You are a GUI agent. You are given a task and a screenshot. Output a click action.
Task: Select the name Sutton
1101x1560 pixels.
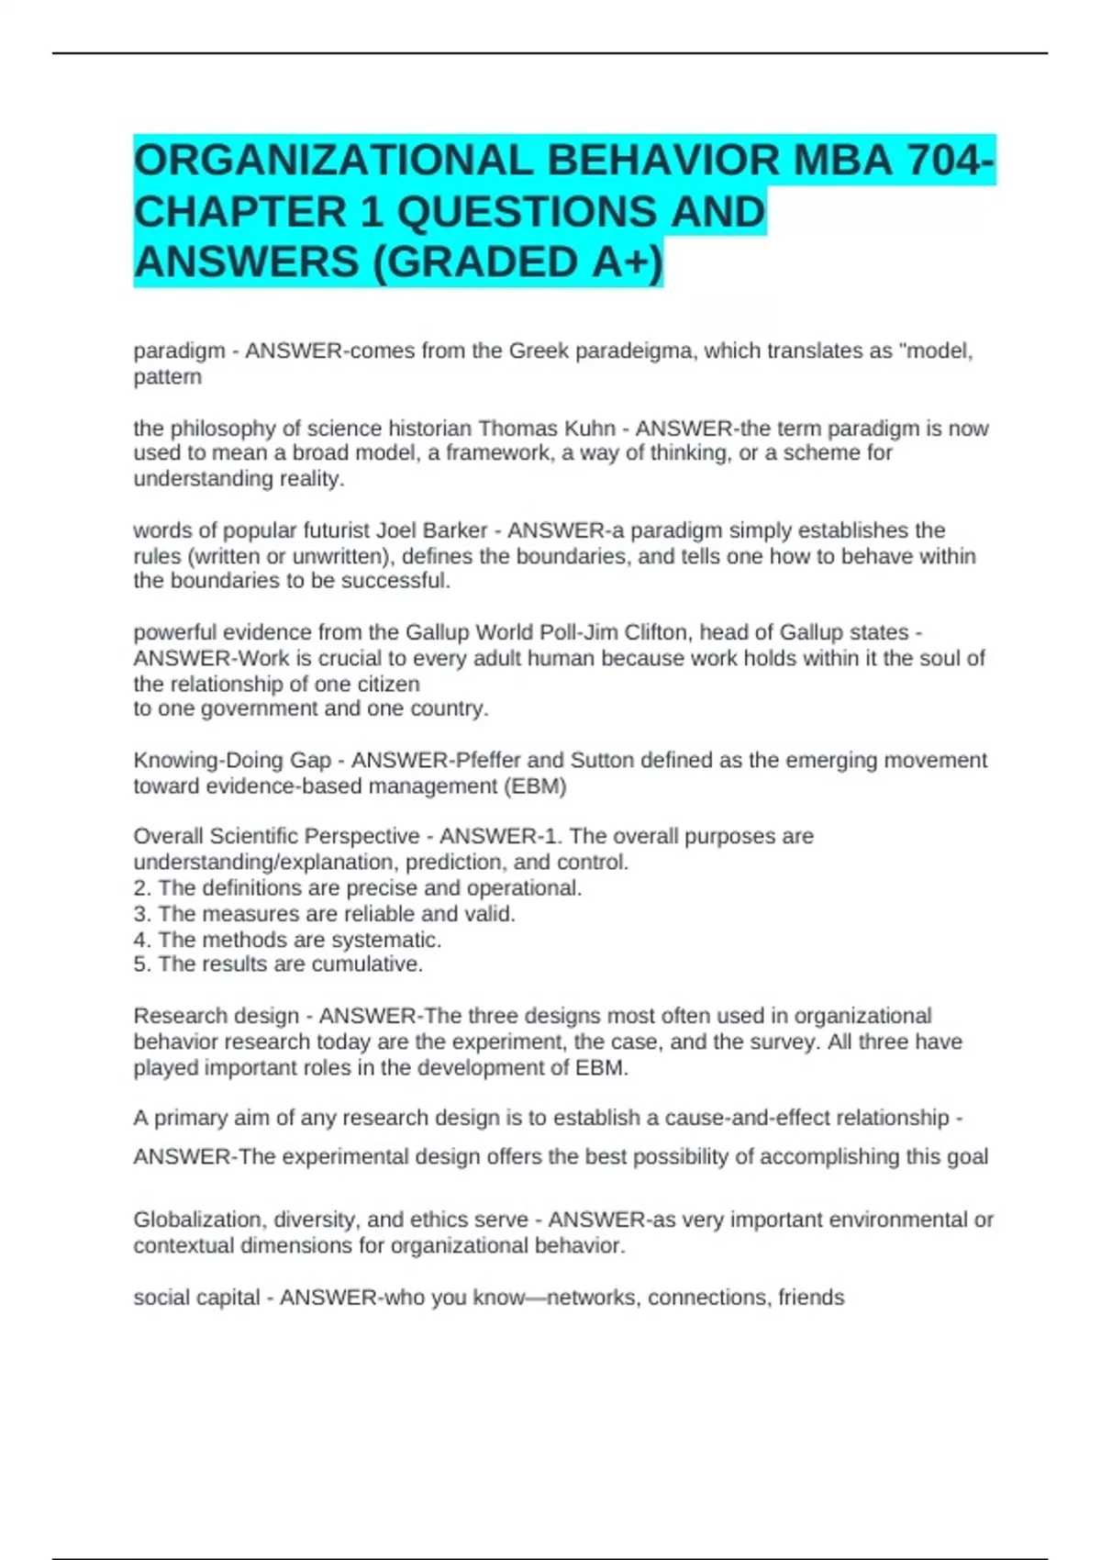point(602,760)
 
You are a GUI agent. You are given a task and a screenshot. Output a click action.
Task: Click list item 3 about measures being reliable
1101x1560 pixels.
point(325,914)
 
